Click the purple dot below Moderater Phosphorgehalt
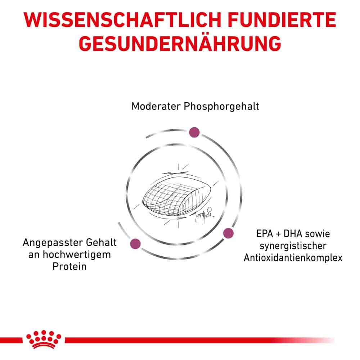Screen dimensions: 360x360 coord(194,132)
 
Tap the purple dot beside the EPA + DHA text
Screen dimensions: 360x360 coord(228,233)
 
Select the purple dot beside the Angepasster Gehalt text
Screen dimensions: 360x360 coord(135,243)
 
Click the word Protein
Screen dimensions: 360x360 coord(69,267)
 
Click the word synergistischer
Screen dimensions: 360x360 coord(292,246)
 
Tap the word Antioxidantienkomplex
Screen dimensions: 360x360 coord(293,258)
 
